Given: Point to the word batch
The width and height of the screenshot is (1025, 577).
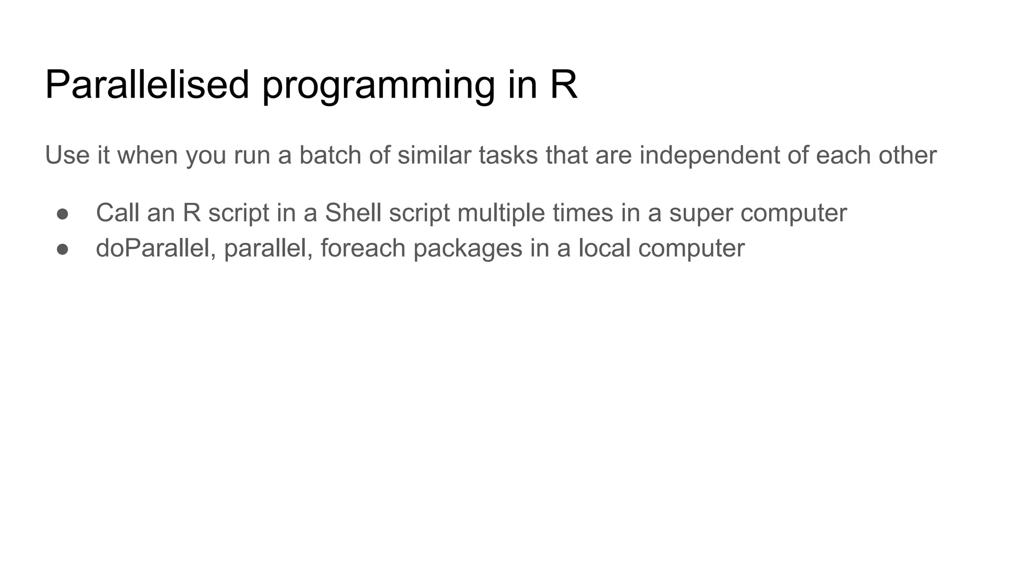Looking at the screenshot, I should pos(330,155).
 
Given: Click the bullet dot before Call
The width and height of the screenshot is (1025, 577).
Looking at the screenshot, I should pos(63,214).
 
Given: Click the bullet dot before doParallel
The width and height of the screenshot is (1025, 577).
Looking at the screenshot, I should pos(63,249).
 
